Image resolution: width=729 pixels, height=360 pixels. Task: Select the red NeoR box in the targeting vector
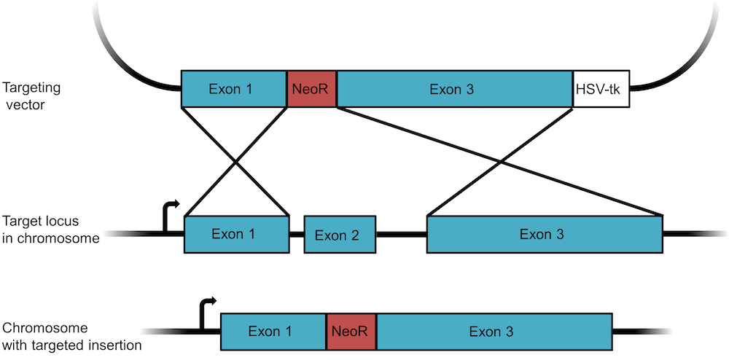pyautogui.click(x=312, y=89)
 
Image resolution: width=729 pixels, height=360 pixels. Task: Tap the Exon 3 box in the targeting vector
pyautogui.click(x=454, y=89)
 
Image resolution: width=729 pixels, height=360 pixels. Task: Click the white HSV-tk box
pyautogui.click(x=601, y=89)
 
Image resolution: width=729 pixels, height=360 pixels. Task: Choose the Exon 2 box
pyautogui.click(x=340, y=234)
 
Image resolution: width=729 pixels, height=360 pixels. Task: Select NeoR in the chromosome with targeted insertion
pyautogui.click(x=351, y=332)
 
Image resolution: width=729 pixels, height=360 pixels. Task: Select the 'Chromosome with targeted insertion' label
pyautogui.click(x=69, y=336)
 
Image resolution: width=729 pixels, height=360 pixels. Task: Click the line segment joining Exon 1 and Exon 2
pyautogui.click(x=297, y=235)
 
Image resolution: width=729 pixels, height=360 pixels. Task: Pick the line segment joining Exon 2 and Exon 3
pyautogui.click(x=401, y=235)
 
